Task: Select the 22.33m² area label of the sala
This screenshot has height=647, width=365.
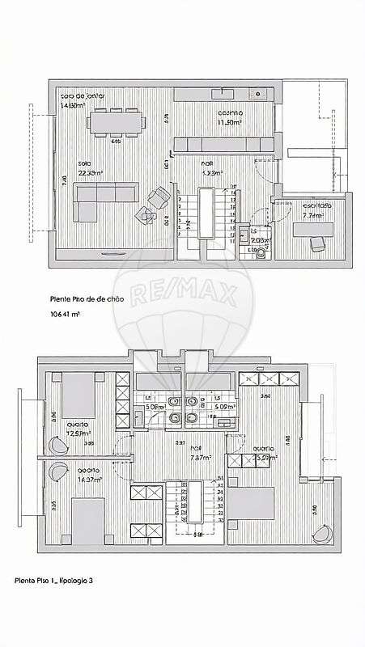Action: (x=90, y=172)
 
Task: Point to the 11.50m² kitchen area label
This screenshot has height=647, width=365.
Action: (x=230, y=122)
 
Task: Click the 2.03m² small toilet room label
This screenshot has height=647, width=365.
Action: (x=259, y=240)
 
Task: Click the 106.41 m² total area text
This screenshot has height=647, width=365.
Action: (x=67, y=313)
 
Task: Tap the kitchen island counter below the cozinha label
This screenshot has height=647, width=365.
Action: (x=223, y=144)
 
